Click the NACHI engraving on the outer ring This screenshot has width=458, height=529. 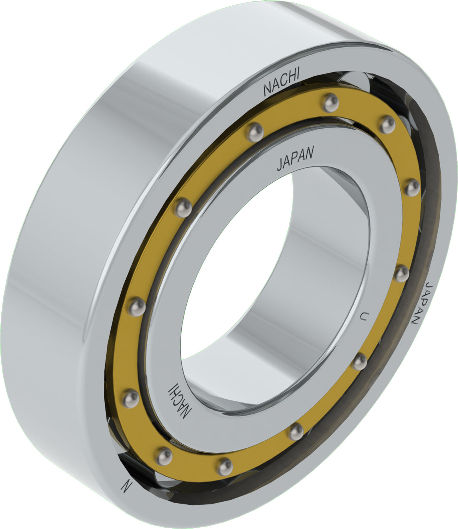(x=281, y=84)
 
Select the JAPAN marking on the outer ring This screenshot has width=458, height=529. (x=423, y=303)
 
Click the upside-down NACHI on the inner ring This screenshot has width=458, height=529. (x=181, y=400)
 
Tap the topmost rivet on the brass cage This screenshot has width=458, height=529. (x=331, y=102)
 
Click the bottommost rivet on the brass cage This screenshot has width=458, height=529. (x=225, y=467)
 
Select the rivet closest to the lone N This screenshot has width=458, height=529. (x=164, y=456)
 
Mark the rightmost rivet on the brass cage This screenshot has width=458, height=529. (x=411, y=188)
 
